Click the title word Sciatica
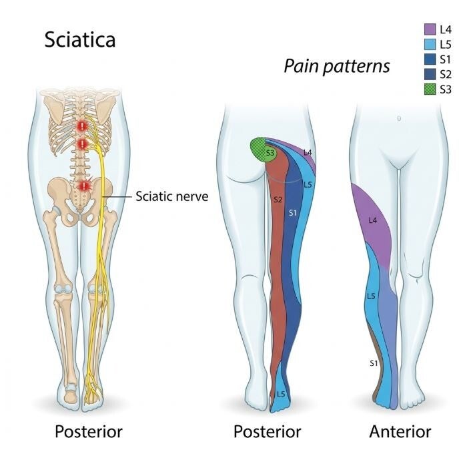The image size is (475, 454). point(80,39)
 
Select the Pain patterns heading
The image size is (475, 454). point(336,66)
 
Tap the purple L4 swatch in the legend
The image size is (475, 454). point(430,29)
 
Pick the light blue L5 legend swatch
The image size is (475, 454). point(430,44)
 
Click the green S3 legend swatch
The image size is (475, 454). point(430,89)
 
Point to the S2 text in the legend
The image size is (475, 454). point(446,74)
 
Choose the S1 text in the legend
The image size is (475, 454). point(446,59)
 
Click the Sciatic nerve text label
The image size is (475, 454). point(171,196)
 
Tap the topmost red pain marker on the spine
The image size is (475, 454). point(82,126)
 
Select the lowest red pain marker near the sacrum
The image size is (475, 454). point(83,186)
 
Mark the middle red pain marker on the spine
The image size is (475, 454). point(82,144)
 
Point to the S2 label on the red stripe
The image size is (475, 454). point(278,200)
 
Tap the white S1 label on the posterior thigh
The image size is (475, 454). point(292,213)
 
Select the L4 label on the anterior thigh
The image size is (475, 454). point(373,220)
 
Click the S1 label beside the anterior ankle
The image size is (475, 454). point(374,363)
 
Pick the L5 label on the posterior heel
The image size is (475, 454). point(281,394)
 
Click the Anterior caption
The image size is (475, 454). point(400,431)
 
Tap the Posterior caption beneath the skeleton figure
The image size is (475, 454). point(89,431)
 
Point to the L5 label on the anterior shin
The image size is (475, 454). point(371,296)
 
